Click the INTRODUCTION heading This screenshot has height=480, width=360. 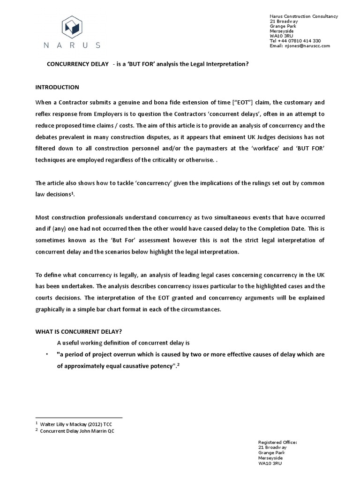click(x=58, y=87)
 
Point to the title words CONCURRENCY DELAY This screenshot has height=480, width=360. click(x=77, y=64)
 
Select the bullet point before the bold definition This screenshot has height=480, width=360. click(x=47, y=354)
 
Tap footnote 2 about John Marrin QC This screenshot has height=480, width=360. click(x=77, y=431)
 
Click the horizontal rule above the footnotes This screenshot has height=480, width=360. click(x=79, y=417)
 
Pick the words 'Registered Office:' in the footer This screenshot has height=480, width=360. click(x=277, y=442)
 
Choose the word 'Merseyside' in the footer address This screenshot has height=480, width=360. click(x=271, y=457)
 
